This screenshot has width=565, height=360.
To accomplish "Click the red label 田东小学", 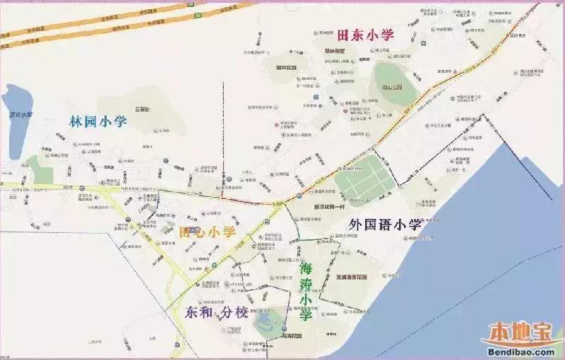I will [x=365, y=35].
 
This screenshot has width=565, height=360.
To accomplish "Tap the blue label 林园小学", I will [x=98, y=121].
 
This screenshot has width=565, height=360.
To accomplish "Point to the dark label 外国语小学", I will [x=385, y=225].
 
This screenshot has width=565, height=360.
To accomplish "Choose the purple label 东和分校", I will [x=216, y=312].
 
